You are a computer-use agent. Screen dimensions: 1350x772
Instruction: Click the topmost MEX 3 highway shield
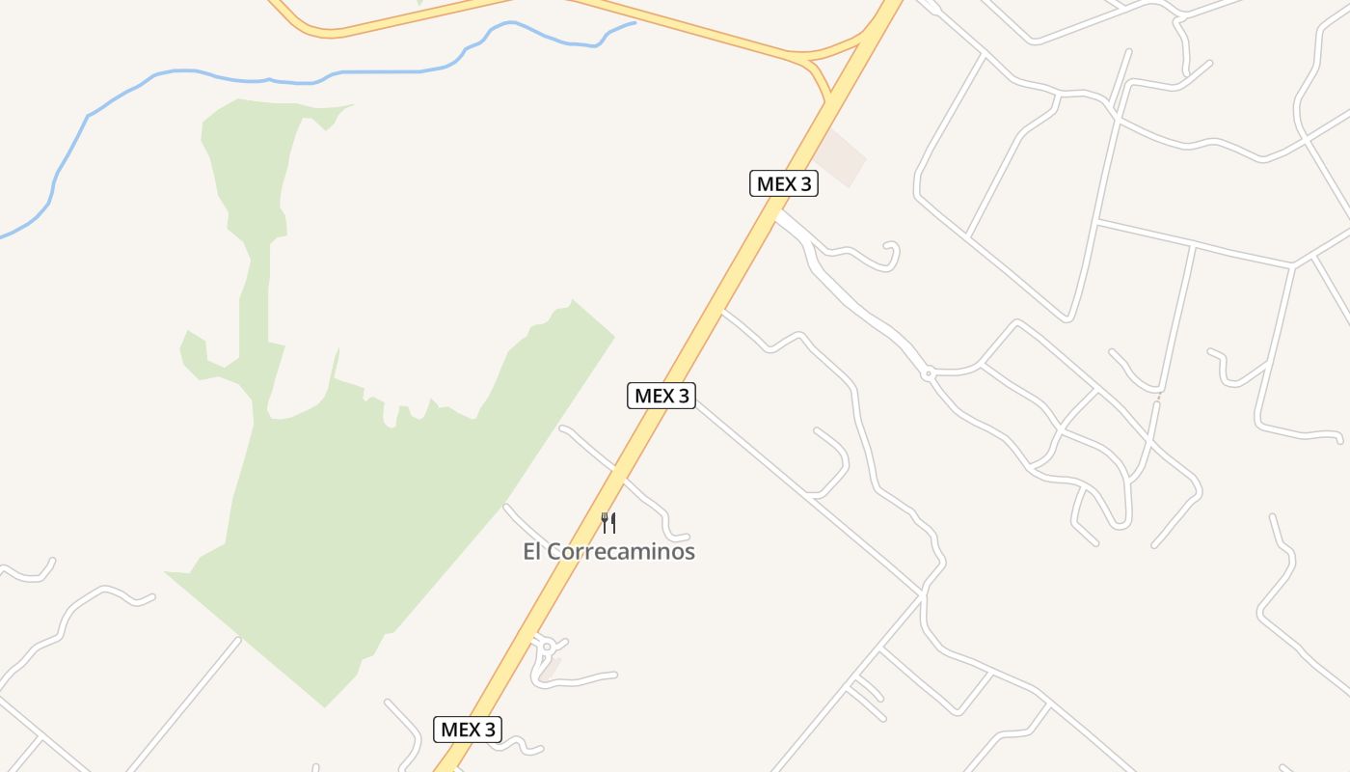[783, 183]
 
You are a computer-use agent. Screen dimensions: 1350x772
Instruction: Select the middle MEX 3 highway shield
[661, 395]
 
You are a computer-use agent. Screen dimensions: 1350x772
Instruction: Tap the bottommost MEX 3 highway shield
[468, 730]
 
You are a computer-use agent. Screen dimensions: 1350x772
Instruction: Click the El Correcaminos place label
[608, 552]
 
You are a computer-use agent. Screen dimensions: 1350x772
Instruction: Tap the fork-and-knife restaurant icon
[608, 523]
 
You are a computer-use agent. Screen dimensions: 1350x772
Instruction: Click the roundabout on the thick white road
[928, 372]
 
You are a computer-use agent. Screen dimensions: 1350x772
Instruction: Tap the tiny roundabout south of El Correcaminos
[547, 647]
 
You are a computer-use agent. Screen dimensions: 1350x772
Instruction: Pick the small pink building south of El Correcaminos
[550, 669]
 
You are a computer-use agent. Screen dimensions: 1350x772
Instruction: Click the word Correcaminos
[621, 552]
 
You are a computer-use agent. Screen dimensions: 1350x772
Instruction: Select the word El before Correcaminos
[533, 552]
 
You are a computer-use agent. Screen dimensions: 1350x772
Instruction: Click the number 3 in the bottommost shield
[489, 730]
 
